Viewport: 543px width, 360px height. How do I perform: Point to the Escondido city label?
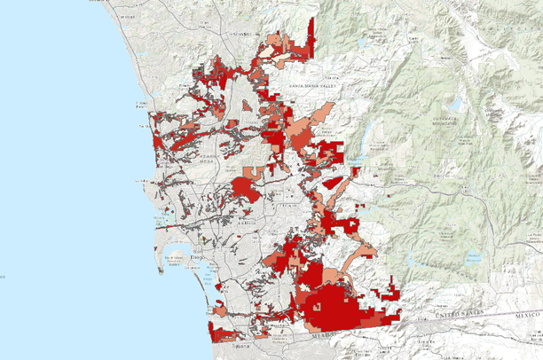point(240,34)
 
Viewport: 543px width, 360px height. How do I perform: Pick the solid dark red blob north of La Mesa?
point(242,186)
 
